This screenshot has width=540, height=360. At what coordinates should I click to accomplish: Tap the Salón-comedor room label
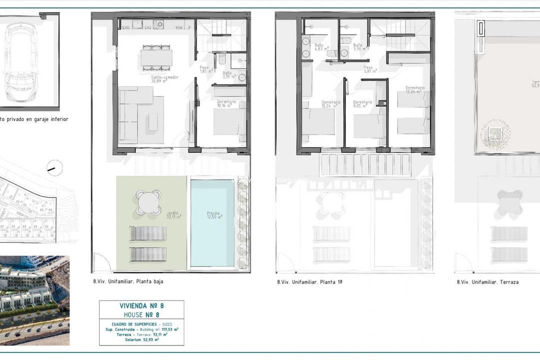pos(164,79)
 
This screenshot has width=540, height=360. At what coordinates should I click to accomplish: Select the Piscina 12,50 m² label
pos(214,215)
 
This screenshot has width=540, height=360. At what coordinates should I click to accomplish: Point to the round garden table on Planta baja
pos(149,202)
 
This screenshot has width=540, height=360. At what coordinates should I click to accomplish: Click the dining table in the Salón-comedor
pos(156,57)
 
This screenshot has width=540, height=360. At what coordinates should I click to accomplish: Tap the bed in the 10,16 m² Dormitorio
pos(229,121)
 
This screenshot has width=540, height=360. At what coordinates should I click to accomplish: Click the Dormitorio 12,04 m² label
pos(330,104)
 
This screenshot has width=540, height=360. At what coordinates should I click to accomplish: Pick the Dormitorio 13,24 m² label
pos(415,89)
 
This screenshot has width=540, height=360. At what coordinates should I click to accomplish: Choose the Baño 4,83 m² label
pos(320,47)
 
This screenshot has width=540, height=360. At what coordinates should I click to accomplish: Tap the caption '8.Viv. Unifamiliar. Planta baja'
pos(128,281)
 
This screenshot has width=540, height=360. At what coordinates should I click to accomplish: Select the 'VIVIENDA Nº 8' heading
pos(141,305)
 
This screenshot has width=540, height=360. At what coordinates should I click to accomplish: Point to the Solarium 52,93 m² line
pos(141,339)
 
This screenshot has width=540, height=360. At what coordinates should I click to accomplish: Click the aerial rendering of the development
pos(34,301)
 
